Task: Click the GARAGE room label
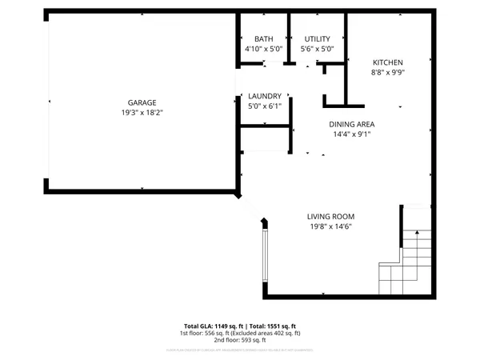click(142, 102)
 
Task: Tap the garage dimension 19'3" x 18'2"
click(142, 113)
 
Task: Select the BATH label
click(264, 39)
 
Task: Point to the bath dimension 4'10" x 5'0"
click(264, 49)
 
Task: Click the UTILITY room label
click(317, 39)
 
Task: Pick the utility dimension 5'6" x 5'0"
click(317, 49)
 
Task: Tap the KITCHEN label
click(387, 62)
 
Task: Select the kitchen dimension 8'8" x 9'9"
click(387, 73)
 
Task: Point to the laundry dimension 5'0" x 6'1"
click(264, 106)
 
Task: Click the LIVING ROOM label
click(330, 216)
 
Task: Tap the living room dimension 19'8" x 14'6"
click(330, 226)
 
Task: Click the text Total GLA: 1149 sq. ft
click(212, 326)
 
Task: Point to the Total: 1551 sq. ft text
click(271, 326)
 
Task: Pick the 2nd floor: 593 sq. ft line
click(240, 340)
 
